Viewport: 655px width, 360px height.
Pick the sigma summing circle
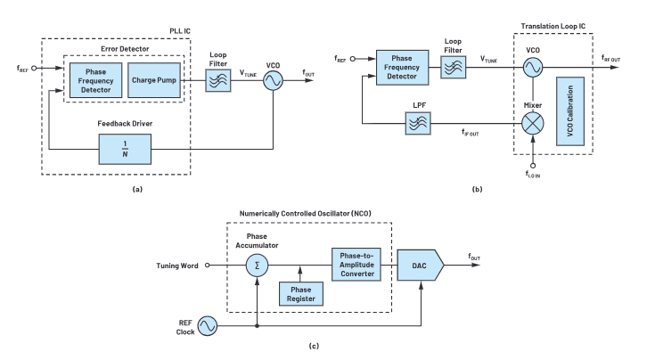click(x=257, y=265)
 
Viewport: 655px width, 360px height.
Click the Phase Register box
click(x=302, y=293)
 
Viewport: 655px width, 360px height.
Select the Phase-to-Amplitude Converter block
click(x=359, y=264)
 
